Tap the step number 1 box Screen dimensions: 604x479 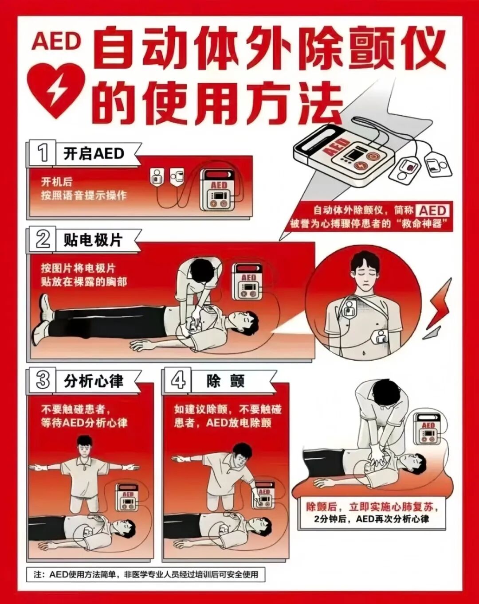tap(42, 153)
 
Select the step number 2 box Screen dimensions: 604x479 tap(42, 239)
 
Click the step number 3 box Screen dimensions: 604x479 tap(42, 380)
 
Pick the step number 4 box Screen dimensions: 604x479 tap(178, 380)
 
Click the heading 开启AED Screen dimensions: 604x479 tap(94, 154)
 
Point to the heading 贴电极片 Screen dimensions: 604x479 tap(93, 240)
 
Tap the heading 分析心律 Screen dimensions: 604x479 tap(94, 381)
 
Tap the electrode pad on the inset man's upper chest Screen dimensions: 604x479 tap(350, 308)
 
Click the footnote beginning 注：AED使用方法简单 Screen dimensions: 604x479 tap(146, 575)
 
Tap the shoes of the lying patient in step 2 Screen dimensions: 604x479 tap(42, 319)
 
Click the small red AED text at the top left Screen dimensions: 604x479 tap(56, 42)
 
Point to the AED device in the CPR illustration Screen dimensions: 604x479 tap(427, 429)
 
